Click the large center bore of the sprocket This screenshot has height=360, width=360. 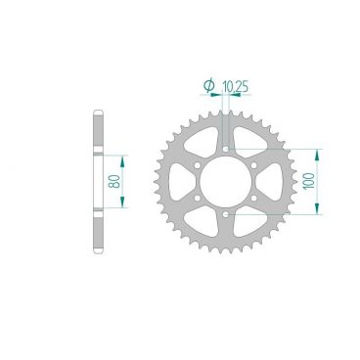coord(226,181)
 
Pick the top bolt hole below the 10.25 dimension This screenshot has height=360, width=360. coord(226,149)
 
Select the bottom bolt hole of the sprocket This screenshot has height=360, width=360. coord(226,213)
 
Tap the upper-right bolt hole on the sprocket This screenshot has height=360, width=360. coord(254,165)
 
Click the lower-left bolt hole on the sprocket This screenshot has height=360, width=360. coord(199,198)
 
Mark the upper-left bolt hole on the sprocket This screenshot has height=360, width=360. coord(199,165)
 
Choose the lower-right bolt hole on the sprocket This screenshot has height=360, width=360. coord(254,198)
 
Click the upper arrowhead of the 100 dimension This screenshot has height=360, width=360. coord(314,154)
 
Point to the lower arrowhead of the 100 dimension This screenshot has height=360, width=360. coord(314,208)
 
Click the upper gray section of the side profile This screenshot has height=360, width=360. coord(99,132)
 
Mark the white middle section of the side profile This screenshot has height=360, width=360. coord(99,181)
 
